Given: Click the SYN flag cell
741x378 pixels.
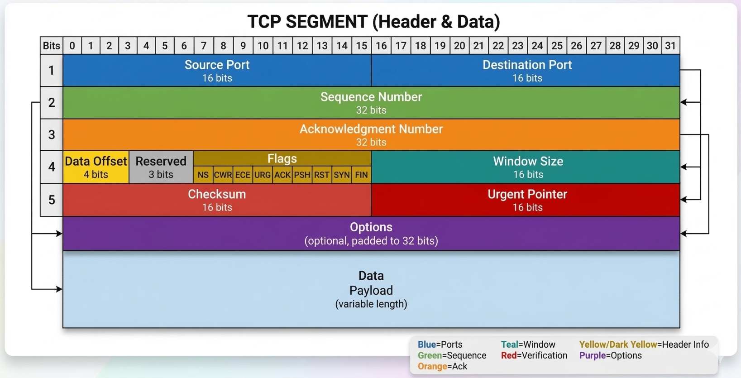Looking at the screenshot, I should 342,175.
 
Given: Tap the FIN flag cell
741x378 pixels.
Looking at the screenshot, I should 361,175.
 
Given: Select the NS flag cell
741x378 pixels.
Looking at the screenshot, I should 203,175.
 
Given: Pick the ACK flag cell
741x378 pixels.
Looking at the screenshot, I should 282,175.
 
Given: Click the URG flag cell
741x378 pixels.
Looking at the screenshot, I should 263,175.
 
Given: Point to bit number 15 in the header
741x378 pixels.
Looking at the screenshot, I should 361,46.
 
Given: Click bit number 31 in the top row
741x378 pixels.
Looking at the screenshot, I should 670,46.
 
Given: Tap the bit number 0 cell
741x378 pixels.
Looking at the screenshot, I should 72,46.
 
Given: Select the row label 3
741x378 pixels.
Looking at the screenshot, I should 52,135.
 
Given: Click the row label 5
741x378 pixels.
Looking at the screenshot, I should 52,200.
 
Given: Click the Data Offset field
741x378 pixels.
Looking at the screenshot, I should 96,167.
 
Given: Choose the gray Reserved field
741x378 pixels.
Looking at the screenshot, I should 161,167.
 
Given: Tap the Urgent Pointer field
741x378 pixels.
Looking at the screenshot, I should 527,200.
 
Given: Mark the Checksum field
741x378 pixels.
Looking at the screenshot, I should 217,200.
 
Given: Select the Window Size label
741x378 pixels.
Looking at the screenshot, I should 528,162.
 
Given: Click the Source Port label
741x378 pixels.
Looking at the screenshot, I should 217,65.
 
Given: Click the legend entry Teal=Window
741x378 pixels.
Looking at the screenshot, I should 528,345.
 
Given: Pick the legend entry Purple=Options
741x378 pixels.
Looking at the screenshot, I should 610,355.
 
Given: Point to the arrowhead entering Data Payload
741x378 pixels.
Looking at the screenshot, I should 59,289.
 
